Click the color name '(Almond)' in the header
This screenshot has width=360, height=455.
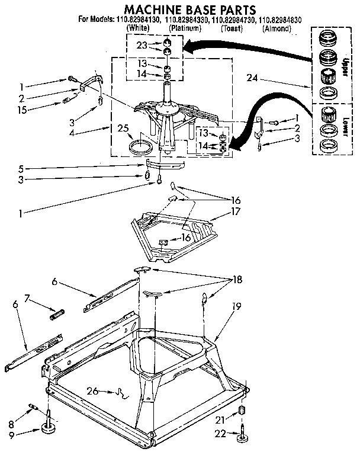[x=278, y=28]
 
